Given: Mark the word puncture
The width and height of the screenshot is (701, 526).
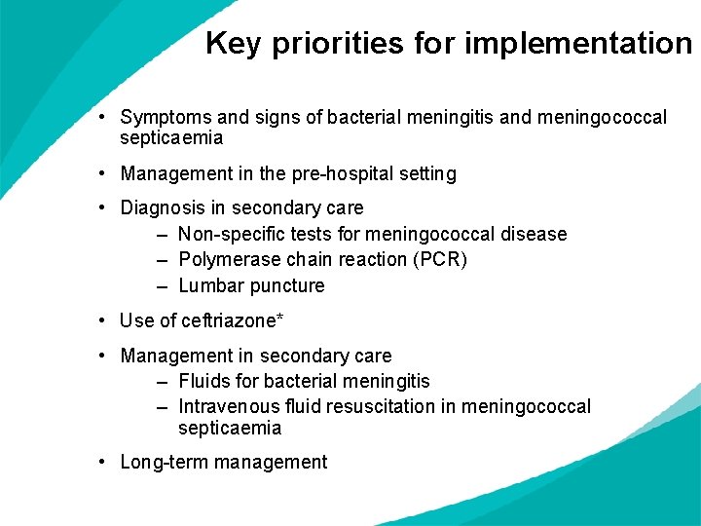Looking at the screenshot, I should (287, 286).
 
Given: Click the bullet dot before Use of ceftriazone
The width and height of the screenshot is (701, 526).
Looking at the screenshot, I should (102, 320).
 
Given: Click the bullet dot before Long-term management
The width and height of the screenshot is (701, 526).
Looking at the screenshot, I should (102, 463).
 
